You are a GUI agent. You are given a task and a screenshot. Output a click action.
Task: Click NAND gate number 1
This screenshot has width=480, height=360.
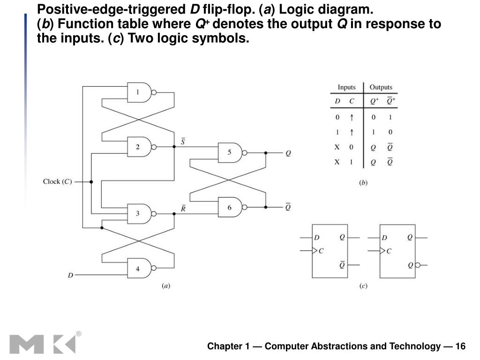coord(140,93)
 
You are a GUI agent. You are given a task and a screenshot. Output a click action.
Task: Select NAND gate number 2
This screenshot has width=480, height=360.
coord(140,147)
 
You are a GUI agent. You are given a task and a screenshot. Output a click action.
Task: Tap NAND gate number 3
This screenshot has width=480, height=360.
coord(140,214)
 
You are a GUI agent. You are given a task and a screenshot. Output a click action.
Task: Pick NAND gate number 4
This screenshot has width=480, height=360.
coord(140,269)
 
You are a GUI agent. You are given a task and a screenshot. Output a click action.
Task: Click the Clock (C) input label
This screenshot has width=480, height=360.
coord(57,182)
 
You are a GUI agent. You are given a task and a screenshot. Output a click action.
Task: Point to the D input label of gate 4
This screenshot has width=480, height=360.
coord(70,276)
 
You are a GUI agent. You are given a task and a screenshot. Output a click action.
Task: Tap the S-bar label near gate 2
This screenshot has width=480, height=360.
coord(182,141)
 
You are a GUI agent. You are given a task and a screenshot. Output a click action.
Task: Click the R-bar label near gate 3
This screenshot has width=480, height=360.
coord(183,209)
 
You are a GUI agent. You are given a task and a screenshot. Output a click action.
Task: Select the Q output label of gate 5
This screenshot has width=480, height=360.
coord(288,153)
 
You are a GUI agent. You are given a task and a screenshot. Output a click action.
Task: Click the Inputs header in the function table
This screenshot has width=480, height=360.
coord(346,88)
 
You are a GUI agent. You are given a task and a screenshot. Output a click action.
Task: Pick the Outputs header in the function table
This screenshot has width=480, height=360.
coord(381,88)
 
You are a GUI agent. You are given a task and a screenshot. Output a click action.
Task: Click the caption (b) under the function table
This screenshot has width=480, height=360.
coord(363,183)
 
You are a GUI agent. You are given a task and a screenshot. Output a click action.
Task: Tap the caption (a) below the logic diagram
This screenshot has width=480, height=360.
coord(165,285)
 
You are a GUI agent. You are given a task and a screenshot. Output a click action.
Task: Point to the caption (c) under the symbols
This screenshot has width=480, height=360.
coord(363,285)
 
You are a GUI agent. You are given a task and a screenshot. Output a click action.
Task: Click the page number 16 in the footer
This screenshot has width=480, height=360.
coord(460,346)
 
